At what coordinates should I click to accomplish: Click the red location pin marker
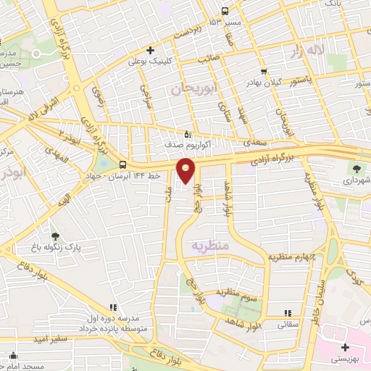coord(186,172)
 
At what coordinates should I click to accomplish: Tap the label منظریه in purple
coord(209,246)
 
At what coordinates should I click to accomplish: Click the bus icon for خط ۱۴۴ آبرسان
coord(122,164)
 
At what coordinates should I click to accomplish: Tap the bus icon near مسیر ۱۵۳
coord(225,11)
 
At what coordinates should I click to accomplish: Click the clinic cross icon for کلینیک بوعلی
coord(150,50)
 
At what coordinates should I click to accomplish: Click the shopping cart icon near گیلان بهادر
coord(262,72)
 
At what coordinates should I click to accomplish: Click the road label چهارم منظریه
coord(294,257)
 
